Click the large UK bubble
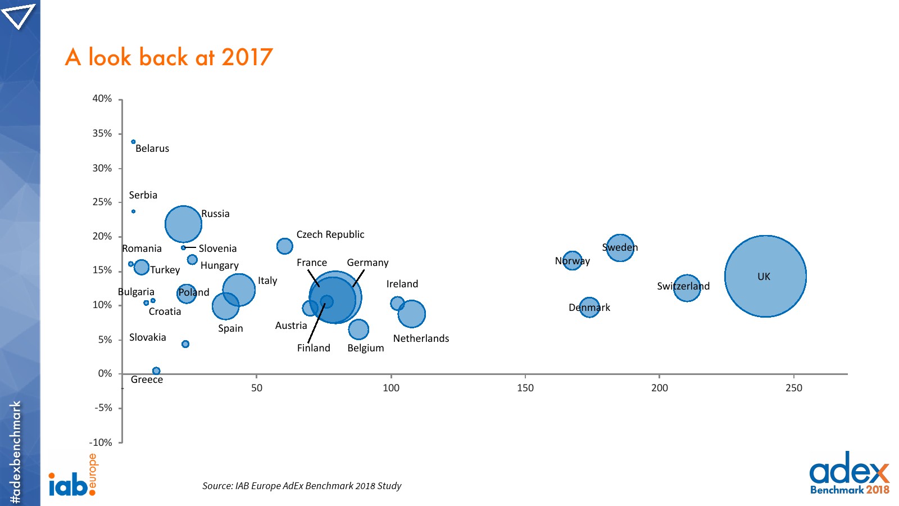point(765,276)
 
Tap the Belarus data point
point(133,142)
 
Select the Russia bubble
point(183,224)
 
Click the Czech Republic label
point(330,234)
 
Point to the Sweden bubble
point(620,247)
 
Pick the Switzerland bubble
point(687,288)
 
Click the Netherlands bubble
point(411,314)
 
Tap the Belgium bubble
point(358,329)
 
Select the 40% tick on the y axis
point(102,99)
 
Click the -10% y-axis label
point(101,442)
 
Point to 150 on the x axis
point(525,388)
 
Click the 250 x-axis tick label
point(793,388)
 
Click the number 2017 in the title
point(247,57)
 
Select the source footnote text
point(302,486)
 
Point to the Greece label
point(147,380)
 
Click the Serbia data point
point(133,211)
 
